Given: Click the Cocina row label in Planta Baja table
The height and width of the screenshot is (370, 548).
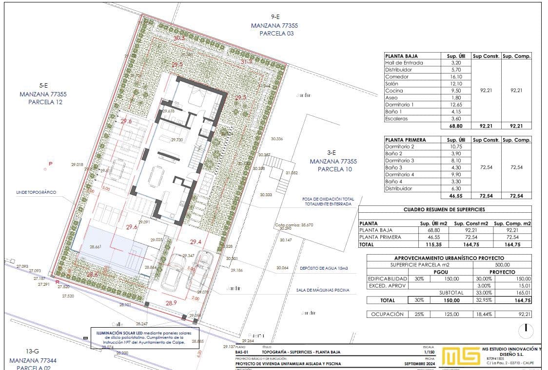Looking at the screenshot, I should click(394, 91).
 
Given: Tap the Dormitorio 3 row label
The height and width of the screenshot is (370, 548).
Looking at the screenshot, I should click(399, 161).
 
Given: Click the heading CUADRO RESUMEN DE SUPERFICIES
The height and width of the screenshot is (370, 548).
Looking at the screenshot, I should click(444, 209).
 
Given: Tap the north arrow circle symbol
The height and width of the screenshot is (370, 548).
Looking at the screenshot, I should click(526, 330).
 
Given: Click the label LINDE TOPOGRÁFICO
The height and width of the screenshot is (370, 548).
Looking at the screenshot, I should click(36, 192).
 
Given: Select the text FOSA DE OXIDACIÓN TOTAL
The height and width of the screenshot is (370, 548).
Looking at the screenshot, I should click(328, 199).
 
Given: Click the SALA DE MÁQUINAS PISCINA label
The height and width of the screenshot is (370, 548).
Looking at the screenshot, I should click(323, 290).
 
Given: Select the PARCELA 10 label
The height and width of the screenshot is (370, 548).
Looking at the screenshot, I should click(334, 169).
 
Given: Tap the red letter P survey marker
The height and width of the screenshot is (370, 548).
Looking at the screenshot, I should click(50, 164).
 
